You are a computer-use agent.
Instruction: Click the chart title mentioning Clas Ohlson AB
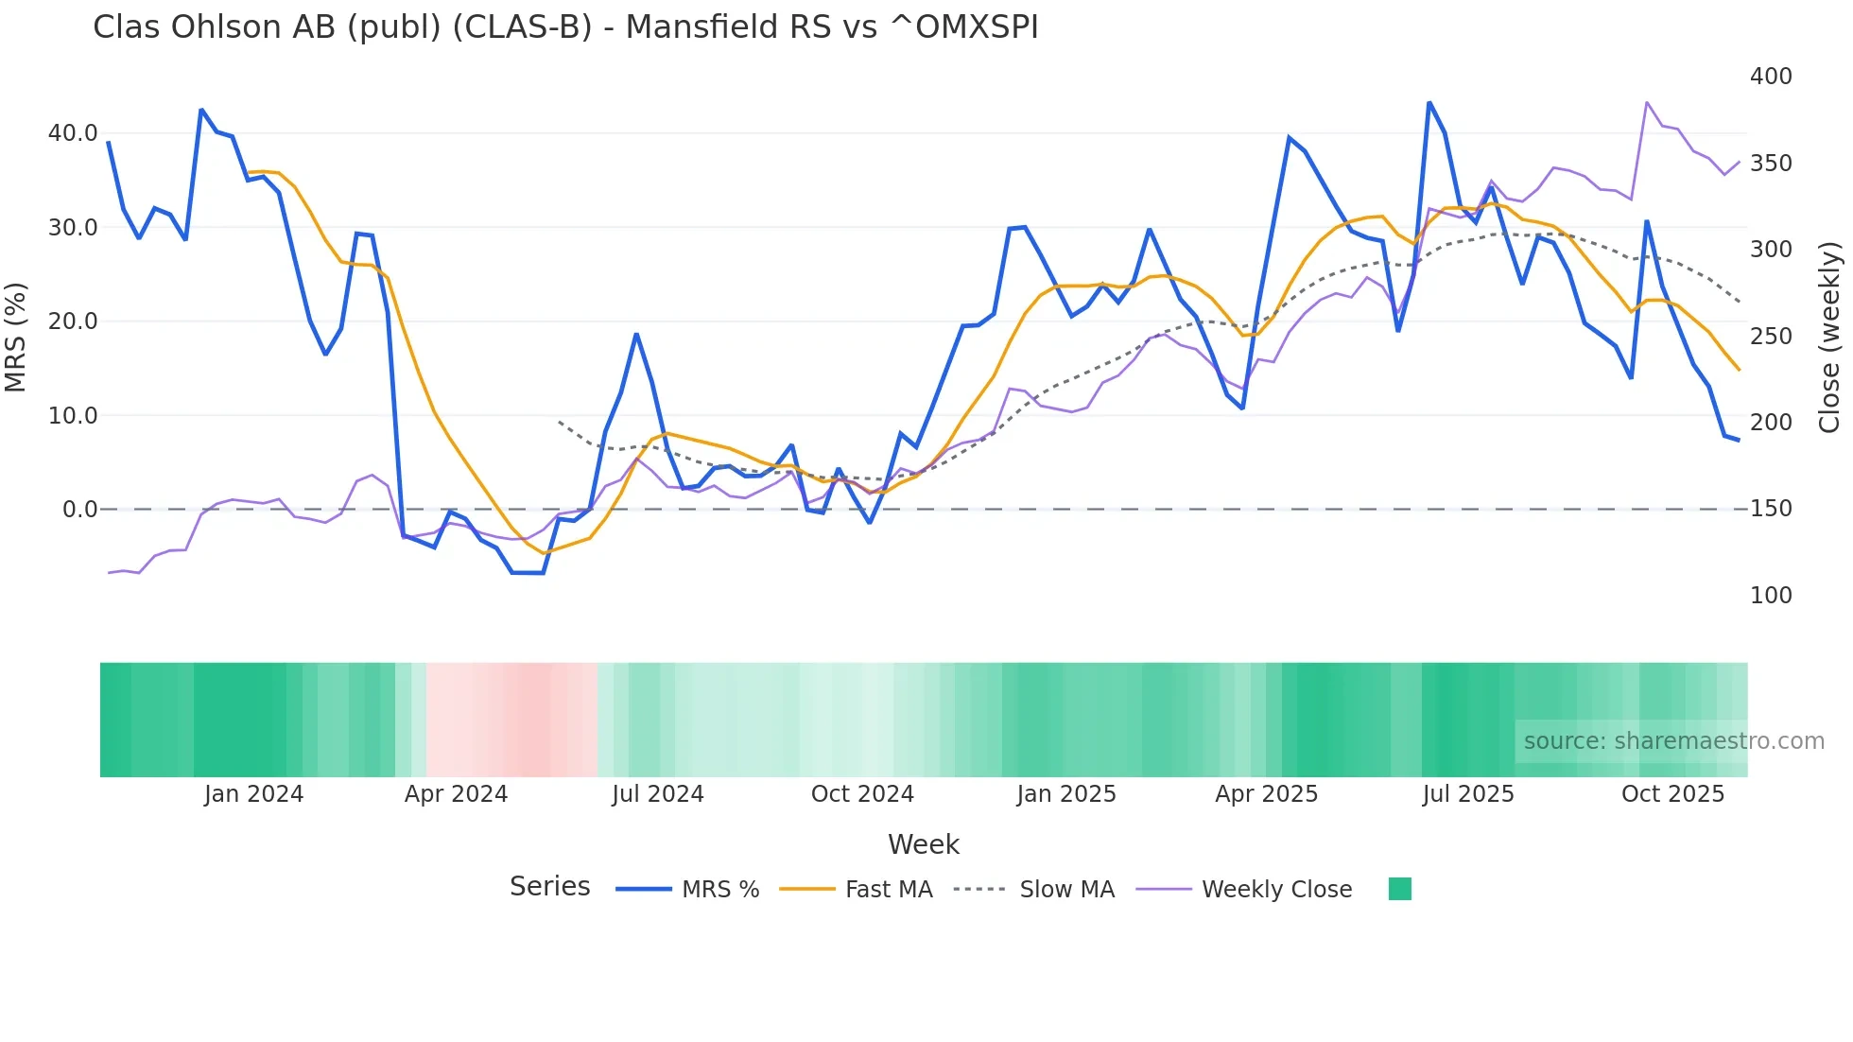(x=565, y=27)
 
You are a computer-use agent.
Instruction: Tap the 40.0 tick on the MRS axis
(x=73, y=133)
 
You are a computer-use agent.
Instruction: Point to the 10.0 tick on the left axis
(x=73, y=415)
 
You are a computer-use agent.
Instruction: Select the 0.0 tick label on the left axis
(x=79, y=510)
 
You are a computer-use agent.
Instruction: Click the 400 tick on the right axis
(x=1771, y=77)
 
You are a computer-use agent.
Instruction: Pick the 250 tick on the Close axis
(x=1771, y=337)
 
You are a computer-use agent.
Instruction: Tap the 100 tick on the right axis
(x=1771, y=596)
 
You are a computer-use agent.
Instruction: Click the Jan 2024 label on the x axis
(x=253, y=794)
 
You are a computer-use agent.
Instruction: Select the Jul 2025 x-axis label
(x=1468, y=794)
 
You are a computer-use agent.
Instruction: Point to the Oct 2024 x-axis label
(x=862, y=794)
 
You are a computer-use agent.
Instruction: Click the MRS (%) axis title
(x=16, y=337)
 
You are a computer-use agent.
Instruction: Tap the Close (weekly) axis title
(x=1830, y=337)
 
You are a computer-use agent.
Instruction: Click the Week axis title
(x=924, y=844)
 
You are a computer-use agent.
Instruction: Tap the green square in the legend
(x=1400, y=889)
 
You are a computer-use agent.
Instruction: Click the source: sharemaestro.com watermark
(x=1673, y=741)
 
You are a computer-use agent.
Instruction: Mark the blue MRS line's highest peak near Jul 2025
(x=1429, y=102)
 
